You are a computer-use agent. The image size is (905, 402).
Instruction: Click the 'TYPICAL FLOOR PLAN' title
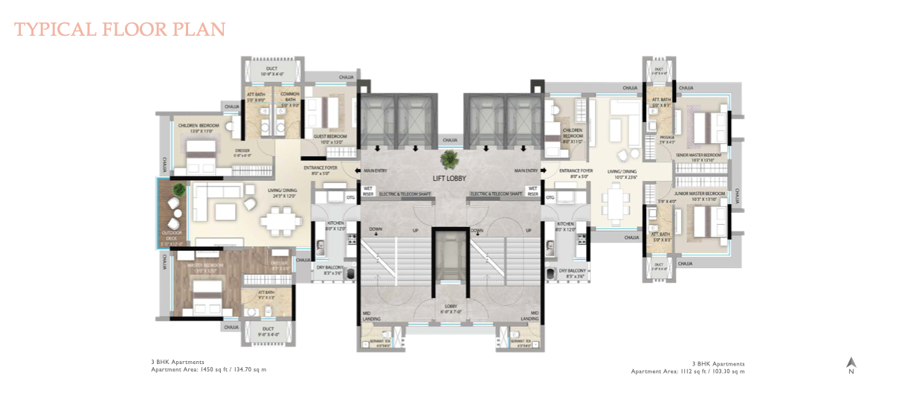coord(120,30)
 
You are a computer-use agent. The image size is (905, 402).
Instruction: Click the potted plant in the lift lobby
coord(449,159)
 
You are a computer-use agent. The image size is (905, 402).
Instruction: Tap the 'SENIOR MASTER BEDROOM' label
coord(701,157)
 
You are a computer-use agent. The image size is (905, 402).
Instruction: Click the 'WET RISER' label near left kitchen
coord(367,192)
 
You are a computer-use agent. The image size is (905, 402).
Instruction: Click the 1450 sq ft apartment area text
coord(208,369)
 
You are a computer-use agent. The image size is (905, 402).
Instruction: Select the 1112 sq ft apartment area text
coord(687,371)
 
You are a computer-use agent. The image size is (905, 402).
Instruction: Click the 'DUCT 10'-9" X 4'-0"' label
coord(271,72)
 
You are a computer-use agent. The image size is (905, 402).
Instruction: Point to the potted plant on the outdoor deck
coord(178,191)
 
